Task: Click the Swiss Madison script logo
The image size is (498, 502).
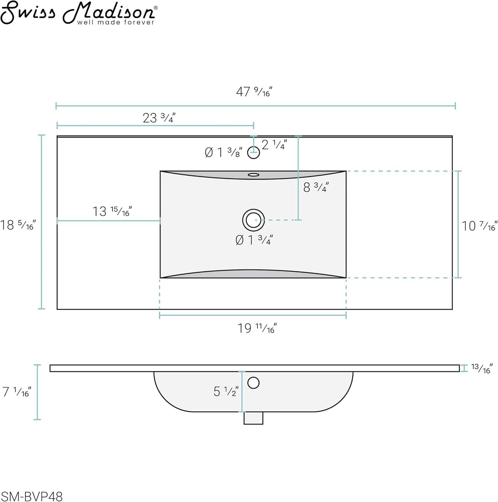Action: (x=79, y=12)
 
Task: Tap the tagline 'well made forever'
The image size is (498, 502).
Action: (x=116, y=23)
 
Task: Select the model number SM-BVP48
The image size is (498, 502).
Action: (x=31, y=496)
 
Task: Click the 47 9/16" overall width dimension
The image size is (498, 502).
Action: (x=254, y=92)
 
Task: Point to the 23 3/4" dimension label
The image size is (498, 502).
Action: (x=159, y=118)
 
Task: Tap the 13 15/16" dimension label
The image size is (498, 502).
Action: (x=112, y=211)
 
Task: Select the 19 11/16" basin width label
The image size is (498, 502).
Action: (x=257, y=328)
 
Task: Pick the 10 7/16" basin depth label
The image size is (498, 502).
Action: (x=479, y=226)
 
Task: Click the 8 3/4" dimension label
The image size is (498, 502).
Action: (x=316, y=187)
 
